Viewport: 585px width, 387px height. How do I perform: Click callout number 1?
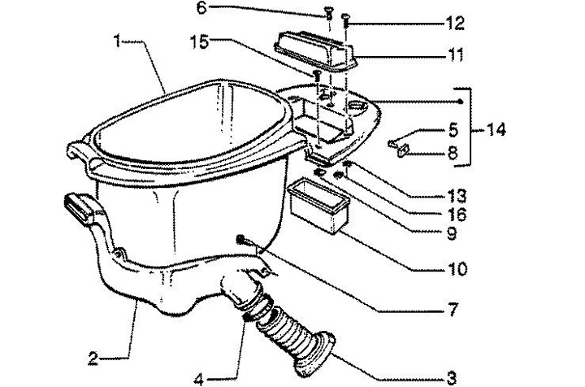point(117,41)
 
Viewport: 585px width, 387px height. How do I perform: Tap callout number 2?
point(93,359)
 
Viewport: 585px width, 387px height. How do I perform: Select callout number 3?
point(452,378)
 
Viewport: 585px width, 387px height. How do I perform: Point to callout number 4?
point(199,380)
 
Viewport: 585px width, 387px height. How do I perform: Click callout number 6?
point(201,8)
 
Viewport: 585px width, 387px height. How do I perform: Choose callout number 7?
point(453,310)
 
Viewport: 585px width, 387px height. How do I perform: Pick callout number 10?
point(457,269)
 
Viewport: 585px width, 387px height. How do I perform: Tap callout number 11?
point(455,55)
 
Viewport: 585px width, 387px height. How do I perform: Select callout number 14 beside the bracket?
point(496,130)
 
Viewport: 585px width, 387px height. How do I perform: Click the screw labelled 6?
point(329,14)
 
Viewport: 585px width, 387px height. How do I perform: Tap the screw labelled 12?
point(345,20)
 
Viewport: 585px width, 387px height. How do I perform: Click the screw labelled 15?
point(317,76)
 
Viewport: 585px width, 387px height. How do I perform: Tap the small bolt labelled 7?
point(241,241)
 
